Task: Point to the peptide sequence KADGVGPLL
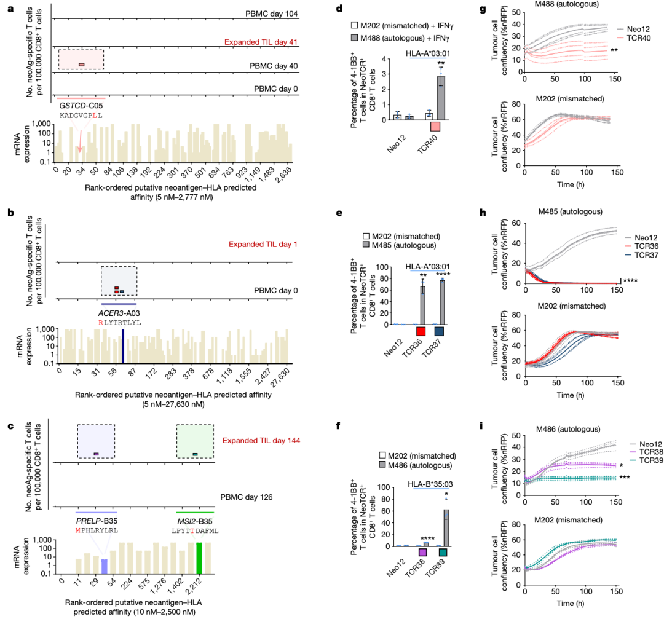coord(81,116)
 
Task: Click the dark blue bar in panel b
coord(123,349)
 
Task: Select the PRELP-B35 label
coord(96,521)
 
